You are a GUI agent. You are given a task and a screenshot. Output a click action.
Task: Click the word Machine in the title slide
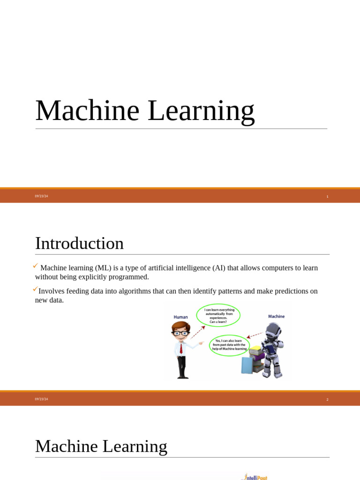pos(87,111)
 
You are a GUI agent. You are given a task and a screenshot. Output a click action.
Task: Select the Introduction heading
pos(79,243)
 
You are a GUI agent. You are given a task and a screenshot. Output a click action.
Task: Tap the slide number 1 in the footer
pos(327,196)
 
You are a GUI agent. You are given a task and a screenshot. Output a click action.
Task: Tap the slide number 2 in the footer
pos(327,399)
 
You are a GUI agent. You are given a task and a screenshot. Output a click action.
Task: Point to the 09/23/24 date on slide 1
pos(41,196)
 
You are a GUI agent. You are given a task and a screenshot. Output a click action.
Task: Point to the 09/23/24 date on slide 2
pos(41,399)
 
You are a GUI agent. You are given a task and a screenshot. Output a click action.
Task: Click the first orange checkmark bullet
pos(35,266)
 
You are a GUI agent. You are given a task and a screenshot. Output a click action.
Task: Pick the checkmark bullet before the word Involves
pos(35,289)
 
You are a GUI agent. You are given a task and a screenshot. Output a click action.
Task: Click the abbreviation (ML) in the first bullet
pos(104,268)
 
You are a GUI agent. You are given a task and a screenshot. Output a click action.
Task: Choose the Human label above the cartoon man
pos(180,317)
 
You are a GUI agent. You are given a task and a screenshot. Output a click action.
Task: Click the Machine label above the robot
pos(276,316)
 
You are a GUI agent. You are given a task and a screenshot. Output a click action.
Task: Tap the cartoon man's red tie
pos(181,348)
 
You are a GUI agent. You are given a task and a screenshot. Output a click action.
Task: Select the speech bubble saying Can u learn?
pos(218,315)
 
